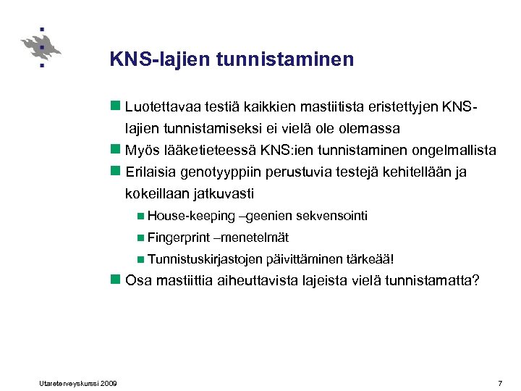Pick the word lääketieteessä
click(x=200, y=151)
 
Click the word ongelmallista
click(x=454, y=151)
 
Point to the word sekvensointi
click(x=334, y=216)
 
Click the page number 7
click(x=500, y=382)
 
